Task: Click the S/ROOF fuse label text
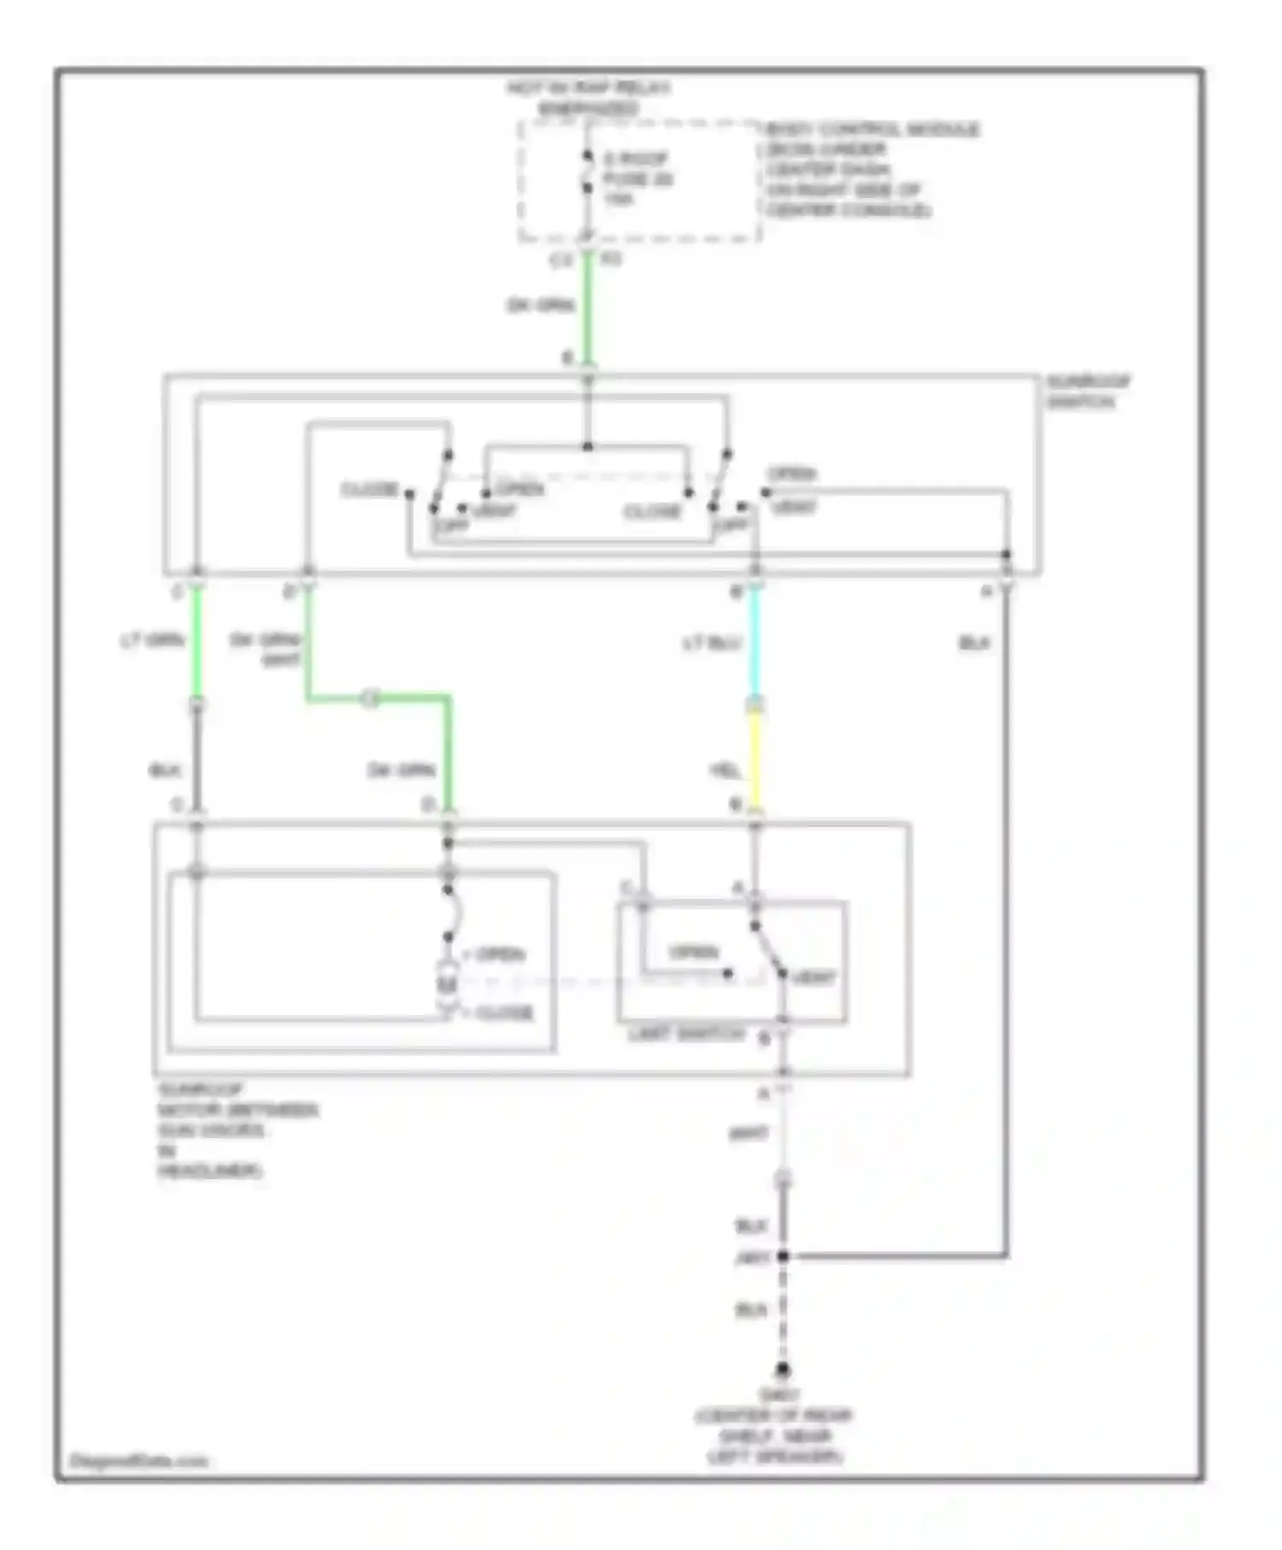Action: [x=637, y=179]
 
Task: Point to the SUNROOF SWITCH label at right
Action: [x=1087, y=391]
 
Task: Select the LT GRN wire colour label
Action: [x=152, y=640]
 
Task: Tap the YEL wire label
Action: [x=725, y=771]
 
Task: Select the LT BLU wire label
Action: [x=711, y=643]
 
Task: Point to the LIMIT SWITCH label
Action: [x=686, y=1034]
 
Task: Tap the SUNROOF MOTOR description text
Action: [x=237, y=1130]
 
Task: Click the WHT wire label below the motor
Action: [x=749, y=1134]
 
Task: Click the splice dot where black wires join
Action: [x=782, y=1255]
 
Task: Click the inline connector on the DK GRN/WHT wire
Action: [x=370, y=698]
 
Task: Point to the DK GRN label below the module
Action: [x=540, y=305]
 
